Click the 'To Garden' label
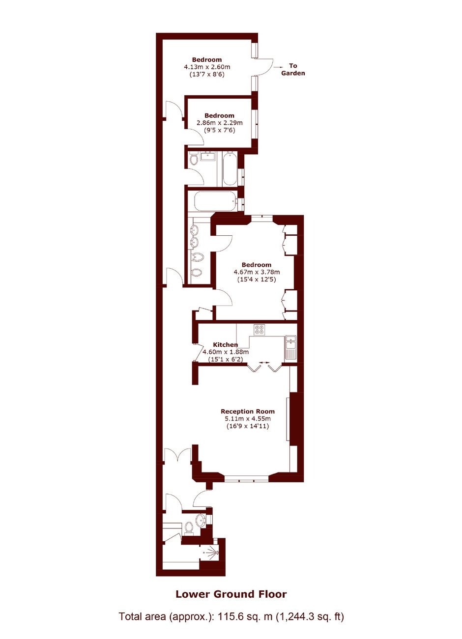coord(293,69)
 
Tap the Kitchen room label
coord(225,345)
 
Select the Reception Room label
coord(248,412)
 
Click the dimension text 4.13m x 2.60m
coord(207,67)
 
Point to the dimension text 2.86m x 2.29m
coord(219,123)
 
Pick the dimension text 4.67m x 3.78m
coord(257,272)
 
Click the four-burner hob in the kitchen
coord(260,330)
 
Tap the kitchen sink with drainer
coord(290,347)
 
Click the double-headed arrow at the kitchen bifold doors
coord(263,362)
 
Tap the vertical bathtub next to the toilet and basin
coord(230,168)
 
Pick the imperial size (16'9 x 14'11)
coord(248,426)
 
